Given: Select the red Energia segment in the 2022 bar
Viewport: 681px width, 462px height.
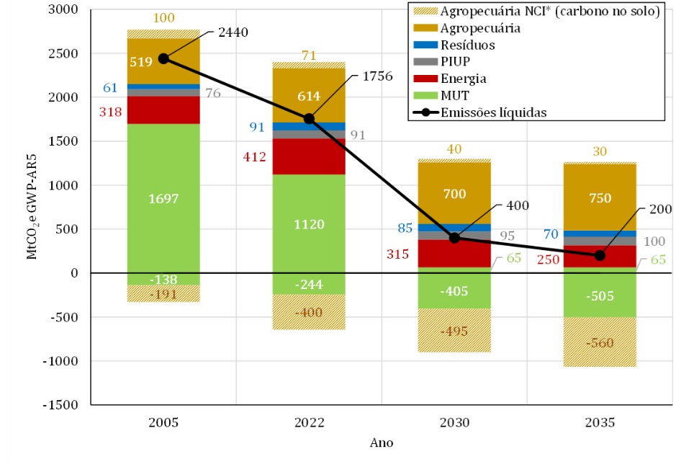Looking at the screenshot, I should coord(309,156).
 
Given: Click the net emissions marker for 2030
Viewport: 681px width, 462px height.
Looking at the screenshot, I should coord(454,238).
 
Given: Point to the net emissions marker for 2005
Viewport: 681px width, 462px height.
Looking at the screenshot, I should coord(163,58).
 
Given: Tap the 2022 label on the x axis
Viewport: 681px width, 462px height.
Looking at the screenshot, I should coord(309,423).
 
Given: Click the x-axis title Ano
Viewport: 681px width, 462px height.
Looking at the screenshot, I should coord(381,443).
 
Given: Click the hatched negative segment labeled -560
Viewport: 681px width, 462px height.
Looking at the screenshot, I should coord(599,343).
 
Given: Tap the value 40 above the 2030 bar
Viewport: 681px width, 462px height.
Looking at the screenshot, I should coord(454,149).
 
